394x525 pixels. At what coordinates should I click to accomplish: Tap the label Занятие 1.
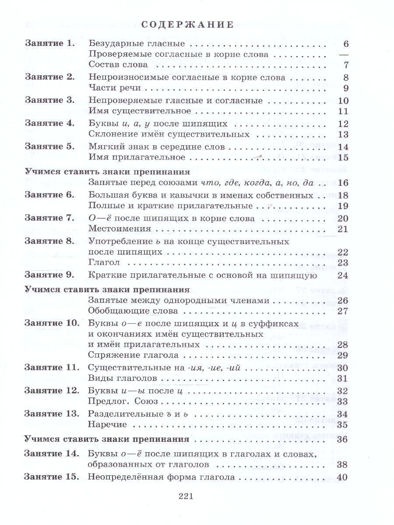point(50,44)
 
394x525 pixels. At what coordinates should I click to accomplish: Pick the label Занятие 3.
point(50,100)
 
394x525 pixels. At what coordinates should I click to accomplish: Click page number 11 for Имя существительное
point(343,111)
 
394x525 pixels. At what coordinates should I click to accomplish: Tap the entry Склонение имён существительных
point(169,134)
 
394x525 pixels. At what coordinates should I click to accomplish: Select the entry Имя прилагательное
point(133,157)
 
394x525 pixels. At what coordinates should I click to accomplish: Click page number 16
point(343,183)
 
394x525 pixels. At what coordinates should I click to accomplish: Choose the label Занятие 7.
point(50,217)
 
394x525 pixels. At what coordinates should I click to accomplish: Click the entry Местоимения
point(120,228)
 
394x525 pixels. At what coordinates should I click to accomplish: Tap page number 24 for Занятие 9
point(343,275)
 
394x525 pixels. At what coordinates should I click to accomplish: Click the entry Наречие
point(107,424)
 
